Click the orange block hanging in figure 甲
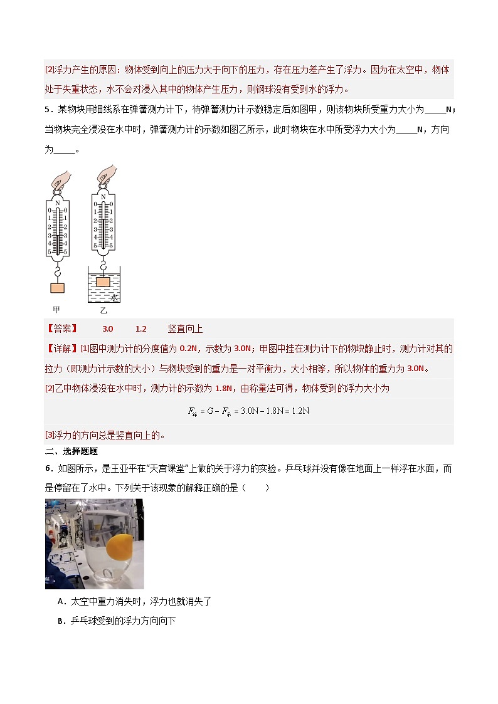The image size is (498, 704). pyautogui.click(x=57, y=288)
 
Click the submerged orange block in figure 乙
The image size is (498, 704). pyautogui.click(x=103, y=281)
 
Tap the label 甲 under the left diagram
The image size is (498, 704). pyautogui.click(x=56, y=310)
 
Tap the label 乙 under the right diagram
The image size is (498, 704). pyautogui.click(x=103, y=310)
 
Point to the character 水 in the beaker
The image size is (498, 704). pyautogui.click(x=115, y=298)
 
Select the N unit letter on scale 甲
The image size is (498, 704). pyautogui.click(x=57, y=203)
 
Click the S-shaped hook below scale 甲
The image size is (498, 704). pyautogui.click(x=57, y=271)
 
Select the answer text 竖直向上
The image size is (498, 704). pyautogui.click(x=185, y=329)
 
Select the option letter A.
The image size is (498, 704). pyautogui.click(x=60, y=601)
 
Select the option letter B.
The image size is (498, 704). pyautogui.click(x=60, y=621)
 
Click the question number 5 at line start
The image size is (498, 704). pyautogui.click(x=48, y=110)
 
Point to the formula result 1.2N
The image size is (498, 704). pyautogui.click(x=298, y=411)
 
